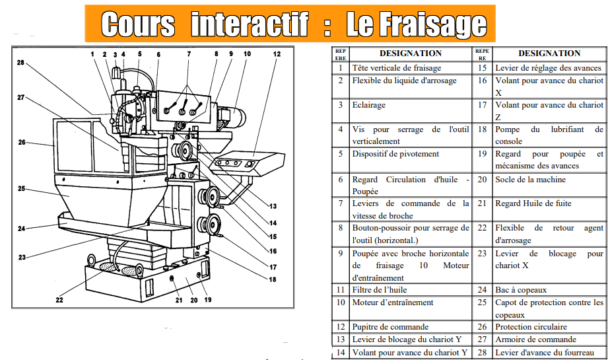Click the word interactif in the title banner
tap(250, 24)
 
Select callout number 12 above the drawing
tap(277, 54)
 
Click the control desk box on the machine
tap(241, 162)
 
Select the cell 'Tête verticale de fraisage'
tap(397, 67)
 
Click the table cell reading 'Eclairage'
tap(369, 104)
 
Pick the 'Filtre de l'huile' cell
tap(380, 289)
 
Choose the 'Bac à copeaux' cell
tap(522, 289)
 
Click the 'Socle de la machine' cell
tap(531, 179)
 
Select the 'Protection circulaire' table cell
tap(531, 326)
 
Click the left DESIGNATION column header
tap(411, 54)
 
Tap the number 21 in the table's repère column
tap(482, 203)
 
